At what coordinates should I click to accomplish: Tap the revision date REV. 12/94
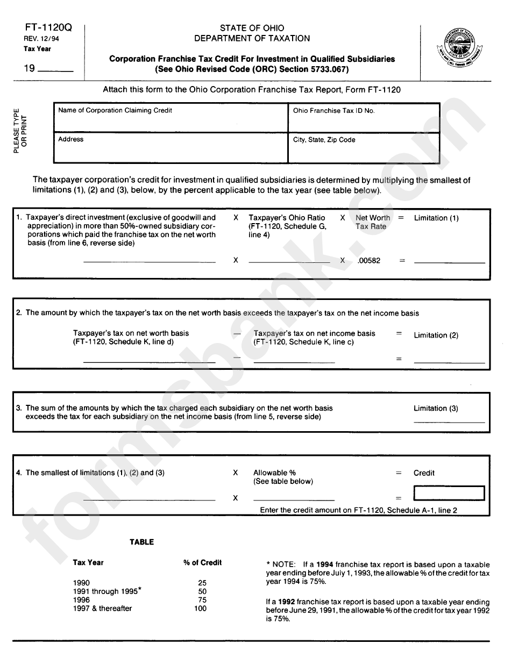pyautogui.click(x=39, y=39)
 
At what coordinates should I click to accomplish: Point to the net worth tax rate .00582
pyautogui.click(x=368, y=261)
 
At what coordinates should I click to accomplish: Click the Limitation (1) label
pyautogui.click(x=436, y=218)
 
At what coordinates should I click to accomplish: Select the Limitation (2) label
pyautogui.click(x=436, y=335)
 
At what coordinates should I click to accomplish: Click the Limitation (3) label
pyautogui.click(x=436, y=408)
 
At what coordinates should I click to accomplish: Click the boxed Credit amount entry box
pyautogui.click(x=449, y=493)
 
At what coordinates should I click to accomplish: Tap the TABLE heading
pyautogui.click(x=141, y=542)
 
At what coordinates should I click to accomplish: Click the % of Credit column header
pyautogui.click(x=202, y=562)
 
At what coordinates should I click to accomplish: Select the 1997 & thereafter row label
pyautogui.click(x=102, y=608)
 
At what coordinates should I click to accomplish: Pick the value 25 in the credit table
pyautogui.click(x=202, y=583)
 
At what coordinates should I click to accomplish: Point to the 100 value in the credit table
pyautogui.click(x=200, y=608)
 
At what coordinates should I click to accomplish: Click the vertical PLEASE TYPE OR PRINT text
pyautogui.click(x=19, y=131)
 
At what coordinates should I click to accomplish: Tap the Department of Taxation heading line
pyautogui.click(x=252, y=38)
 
